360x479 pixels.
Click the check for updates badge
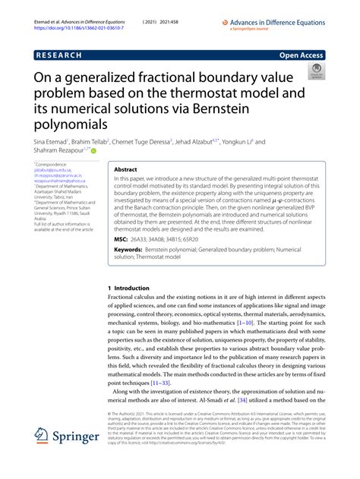pos(313,74)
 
